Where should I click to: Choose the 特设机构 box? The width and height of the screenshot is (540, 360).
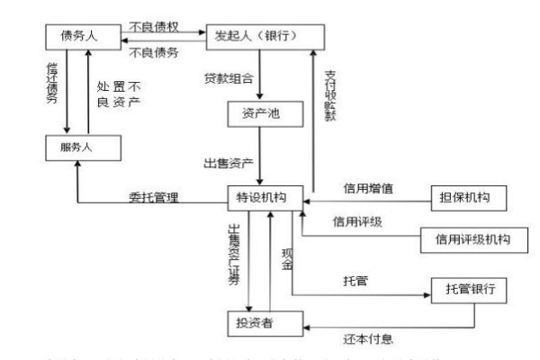point(263,197)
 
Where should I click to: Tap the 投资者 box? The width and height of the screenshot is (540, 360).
point(259,321)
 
